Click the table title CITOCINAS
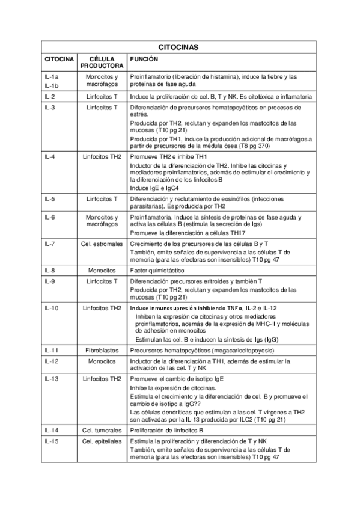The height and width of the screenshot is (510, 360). (x=178, y=46)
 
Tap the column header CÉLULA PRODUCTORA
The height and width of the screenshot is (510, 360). (x=102, y=63)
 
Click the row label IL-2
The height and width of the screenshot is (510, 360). (x=50, y=96)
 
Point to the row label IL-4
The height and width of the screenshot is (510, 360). (x=50, y=155)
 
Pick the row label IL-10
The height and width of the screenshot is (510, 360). (x=52, y=308)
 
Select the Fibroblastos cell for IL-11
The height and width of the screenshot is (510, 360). (x=102, y=349)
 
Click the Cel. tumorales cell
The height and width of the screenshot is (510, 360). (x=102, y=431)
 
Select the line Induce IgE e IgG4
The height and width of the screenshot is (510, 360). (x=155, y=187)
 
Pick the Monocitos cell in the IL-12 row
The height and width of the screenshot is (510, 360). (x=102, y=361)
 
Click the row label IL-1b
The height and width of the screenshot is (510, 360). (x=51, y=85)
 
